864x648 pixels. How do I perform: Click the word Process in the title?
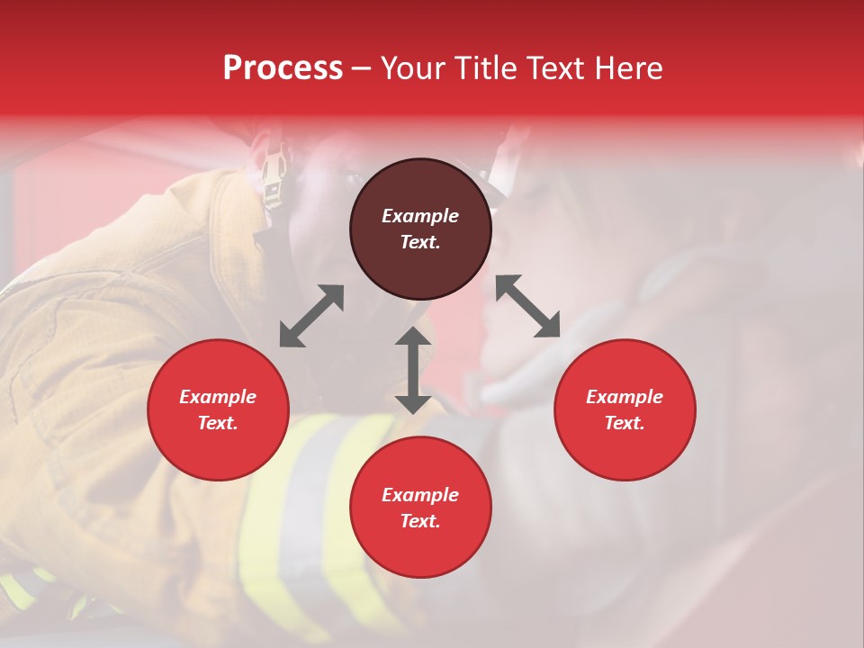click(283, 68)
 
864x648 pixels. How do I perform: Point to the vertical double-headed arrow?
click(412, 370)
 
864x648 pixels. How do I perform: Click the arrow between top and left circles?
click(311, 316)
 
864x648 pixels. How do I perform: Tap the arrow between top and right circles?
click(527, 306)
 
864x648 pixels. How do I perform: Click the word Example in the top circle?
click(420, 216)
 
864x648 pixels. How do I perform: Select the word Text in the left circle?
click(218, 423)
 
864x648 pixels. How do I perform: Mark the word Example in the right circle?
click(625, 397)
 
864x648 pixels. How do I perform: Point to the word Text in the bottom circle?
click(420, 521)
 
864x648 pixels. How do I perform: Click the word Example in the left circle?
click(218, 397)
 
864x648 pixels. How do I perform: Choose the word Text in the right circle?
click(625, 423)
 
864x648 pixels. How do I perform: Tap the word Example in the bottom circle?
click(420, 495)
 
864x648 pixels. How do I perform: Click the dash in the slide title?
click(361, 69)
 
